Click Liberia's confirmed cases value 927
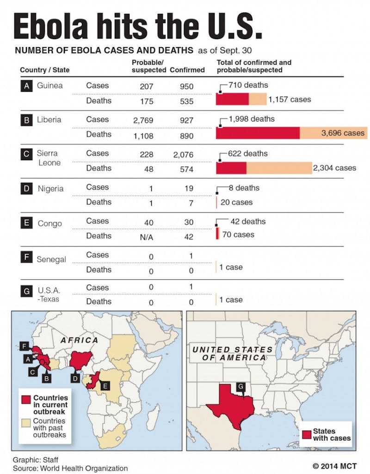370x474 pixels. coord(187,120)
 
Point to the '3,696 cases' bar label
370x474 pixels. coord(343,133)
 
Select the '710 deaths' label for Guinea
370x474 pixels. coord(248,85)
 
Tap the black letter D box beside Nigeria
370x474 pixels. coord(27,188)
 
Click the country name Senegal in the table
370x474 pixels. coord(51,259)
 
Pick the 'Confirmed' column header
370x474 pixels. coord(187,70)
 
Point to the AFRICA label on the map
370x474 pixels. coord(79,340)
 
